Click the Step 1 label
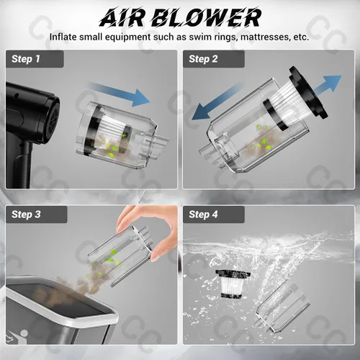(x=26, y=59)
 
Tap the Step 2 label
(x=203, y=59)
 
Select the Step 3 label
(x=26, y=215)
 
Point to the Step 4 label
(x=203, y=215)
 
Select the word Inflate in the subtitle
(x=63, y=37)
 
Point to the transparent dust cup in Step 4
(x=282, y=308)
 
